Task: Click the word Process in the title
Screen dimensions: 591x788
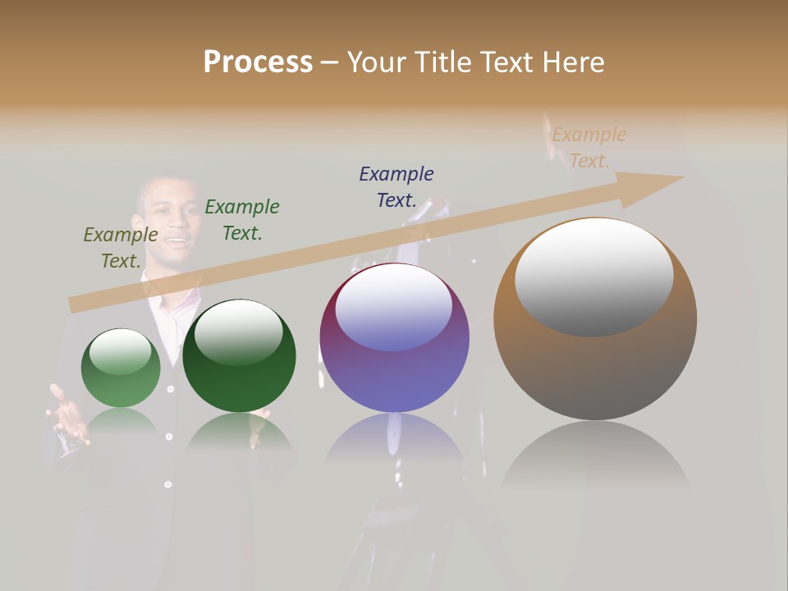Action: pos(258,62)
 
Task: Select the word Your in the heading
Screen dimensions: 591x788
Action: pos(378,62)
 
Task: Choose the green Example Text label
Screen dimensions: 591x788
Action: pos(242,220)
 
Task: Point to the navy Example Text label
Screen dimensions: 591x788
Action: pos(396,186)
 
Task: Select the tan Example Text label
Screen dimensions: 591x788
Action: pos(589,148)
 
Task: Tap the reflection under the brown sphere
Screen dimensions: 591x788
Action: pos(595,456)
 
